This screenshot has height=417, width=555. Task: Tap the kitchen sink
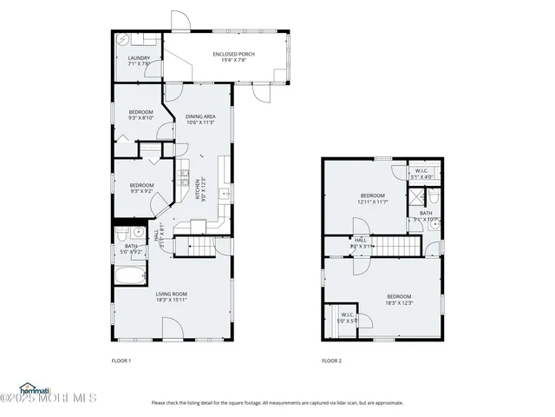point(223,194)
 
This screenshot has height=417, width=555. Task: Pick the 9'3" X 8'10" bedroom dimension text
point(141,118)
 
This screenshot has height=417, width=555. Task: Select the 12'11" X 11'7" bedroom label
point(373,199)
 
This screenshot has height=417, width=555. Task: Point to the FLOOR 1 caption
point(121,360)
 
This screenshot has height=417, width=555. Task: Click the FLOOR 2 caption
point(331,360)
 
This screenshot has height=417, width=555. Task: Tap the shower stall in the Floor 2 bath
point(415,197)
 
